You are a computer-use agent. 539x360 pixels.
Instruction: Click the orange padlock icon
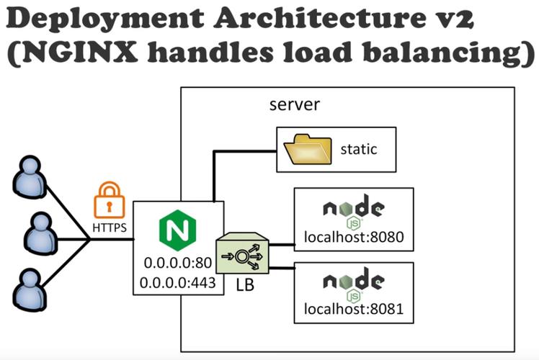click(110, 199)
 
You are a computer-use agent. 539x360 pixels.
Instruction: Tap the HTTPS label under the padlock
click(110, 228)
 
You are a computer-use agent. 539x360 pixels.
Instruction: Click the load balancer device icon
click(246, 254)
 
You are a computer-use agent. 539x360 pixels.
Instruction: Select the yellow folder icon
click(308, 150)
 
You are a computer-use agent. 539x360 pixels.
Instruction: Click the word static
click(359, 150)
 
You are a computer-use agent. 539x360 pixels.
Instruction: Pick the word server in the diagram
click(294, 105)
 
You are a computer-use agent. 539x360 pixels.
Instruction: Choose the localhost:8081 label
click(353, 311)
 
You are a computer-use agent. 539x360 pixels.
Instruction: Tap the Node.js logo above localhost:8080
click(353, 210)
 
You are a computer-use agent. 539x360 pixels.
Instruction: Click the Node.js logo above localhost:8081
click(353, 283)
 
